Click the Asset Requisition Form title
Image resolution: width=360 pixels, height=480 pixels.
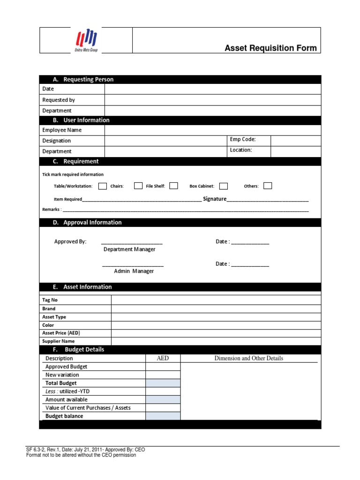coord(270,48)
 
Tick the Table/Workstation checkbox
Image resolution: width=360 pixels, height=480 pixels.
coord(103,186)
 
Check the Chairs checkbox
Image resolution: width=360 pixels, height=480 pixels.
coord(138,186)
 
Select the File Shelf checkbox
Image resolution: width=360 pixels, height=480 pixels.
coord(173,186)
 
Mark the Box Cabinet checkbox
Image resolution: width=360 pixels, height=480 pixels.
coord(224,186)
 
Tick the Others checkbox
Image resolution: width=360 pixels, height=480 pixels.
coord(268,186)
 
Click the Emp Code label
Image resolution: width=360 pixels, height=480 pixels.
coord(243,139)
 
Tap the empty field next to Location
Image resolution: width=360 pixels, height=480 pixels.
coord(296,151)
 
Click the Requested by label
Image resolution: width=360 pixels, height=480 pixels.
coord(59,100)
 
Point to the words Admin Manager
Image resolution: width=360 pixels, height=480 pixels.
coord(134,271)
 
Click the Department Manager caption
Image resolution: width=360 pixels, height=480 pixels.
coord(129,249)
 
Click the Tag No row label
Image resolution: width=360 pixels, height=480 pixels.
coord(50,300)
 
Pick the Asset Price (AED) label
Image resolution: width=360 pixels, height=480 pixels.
coord(58,333)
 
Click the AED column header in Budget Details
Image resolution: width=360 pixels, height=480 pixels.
coord(163,358)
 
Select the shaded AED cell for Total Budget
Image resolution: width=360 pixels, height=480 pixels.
coord(163,383)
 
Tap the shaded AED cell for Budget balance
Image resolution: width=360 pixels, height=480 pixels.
coord(163,416)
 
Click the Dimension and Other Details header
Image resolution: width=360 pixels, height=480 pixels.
coord(248,358)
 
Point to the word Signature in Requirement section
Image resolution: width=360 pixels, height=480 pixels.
coord(214,199)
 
